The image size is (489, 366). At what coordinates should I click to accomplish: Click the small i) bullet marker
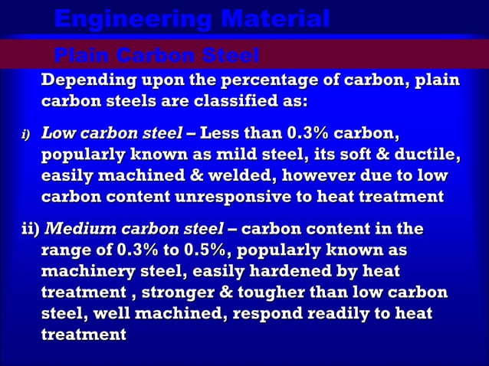25,136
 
